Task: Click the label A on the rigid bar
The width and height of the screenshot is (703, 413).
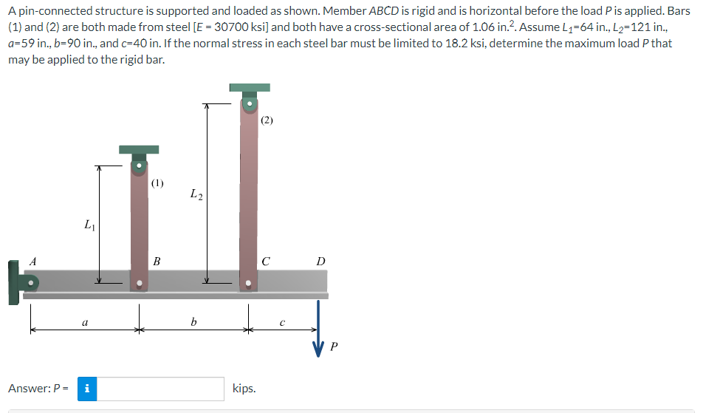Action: [x=32, y=260]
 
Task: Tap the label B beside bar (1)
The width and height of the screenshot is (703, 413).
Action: [x=157, y=261]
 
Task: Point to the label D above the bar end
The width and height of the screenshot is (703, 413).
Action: [x=320, y=261]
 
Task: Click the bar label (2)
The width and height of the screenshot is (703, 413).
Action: [x=267, y=120]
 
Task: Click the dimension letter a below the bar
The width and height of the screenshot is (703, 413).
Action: [x=85, y=322]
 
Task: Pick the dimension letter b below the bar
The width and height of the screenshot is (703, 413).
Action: [x=193, y=322]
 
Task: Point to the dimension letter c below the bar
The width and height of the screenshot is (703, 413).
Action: [x=281, y=322]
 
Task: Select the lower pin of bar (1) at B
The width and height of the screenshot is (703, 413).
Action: [x=139, y=282]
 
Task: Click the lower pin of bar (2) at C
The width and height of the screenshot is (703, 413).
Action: [x=248, y=282]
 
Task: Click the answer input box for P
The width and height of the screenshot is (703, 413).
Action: [x=161, y=388]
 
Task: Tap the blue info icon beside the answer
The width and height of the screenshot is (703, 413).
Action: [x=88, y=388]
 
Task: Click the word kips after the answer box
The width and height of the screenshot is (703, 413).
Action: [x=244, y=388]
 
